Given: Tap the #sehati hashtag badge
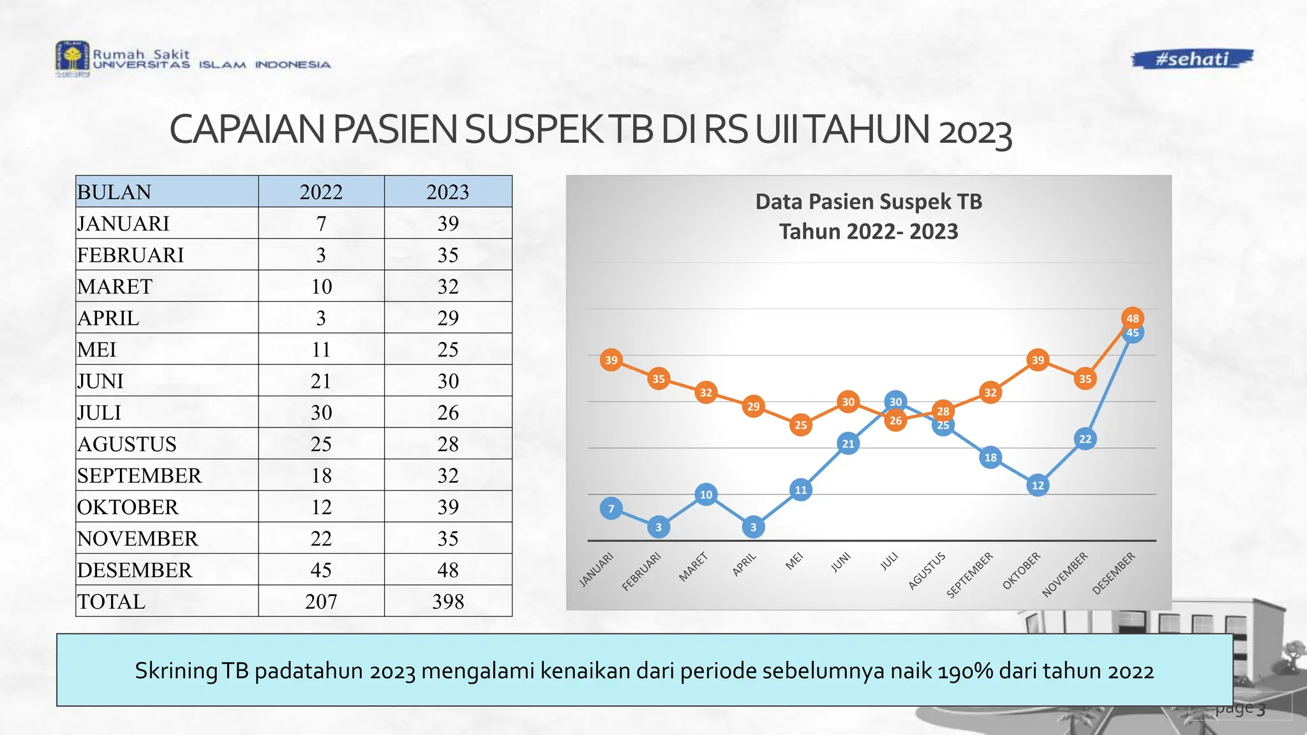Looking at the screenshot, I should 1192,59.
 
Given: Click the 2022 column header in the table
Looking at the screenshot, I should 321,192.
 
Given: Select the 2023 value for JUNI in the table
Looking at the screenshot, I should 448,381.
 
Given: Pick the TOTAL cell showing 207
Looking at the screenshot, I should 321,602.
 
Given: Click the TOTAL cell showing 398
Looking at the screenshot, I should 448,602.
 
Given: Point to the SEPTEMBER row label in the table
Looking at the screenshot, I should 139,475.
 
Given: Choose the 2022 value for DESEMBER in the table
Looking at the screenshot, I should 321,570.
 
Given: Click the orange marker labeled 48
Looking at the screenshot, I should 1133,318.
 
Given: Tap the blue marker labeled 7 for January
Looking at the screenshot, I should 611,509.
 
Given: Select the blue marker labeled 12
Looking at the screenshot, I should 1038,486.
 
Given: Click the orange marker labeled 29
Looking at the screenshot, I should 754,406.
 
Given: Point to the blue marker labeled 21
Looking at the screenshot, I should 848,443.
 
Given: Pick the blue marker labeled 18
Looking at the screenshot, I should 990,457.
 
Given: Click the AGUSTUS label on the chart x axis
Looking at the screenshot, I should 927,571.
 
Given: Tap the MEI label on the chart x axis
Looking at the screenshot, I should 794,561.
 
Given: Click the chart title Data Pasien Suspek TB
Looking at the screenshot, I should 869,202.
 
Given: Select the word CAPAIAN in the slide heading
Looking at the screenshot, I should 248,130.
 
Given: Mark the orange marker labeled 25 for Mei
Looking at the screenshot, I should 801,425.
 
